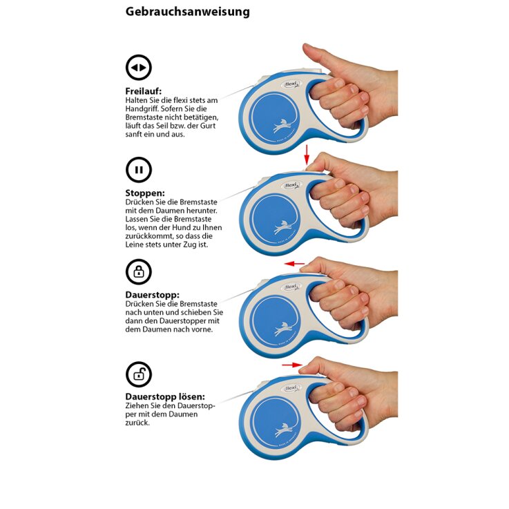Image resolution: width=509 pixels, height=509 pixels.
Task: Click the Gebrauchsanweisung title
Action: coord(188,12)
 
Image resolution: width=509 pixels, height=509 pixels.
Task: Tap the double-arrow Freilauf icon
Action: coord(139,68)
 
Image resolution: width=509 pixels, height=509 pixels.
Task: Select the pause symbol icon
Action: coord(139,170)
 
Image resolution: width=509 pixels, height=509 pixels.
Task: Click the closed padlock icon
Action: coord(139,272)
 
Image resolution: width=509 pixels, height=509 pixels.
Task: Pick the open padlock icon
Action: coord(139,374)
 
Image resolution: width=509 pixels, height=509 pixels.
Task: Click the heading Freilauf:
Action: coord(143,91)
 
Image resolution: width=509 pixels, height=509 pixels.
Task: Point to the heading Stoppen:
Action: coord(145,193)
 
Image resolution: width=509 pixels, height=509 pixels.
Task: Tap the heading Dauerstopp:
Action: coord(152,295)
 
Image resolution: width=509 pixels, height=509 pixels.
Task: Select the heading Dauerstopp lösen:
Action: coord(165,396)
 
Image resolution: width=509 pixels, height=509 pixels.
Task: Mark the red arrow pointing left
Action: coord(294,264)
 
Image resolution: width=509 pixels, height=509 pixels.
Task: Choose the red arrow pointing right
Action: coord(292,365)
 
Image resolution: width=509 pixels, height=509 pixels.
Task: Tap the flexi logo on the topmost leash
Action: coord(292,85)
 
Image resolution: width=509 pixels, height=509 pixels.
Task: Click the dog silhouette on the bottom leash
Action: coord(283,429)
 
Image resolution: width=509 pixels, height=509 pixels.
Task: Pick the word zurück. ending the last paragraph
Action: coord(137,423)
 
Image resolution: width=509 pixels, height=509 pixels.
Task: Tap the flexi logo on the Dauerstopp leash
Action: coord(292,287)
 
